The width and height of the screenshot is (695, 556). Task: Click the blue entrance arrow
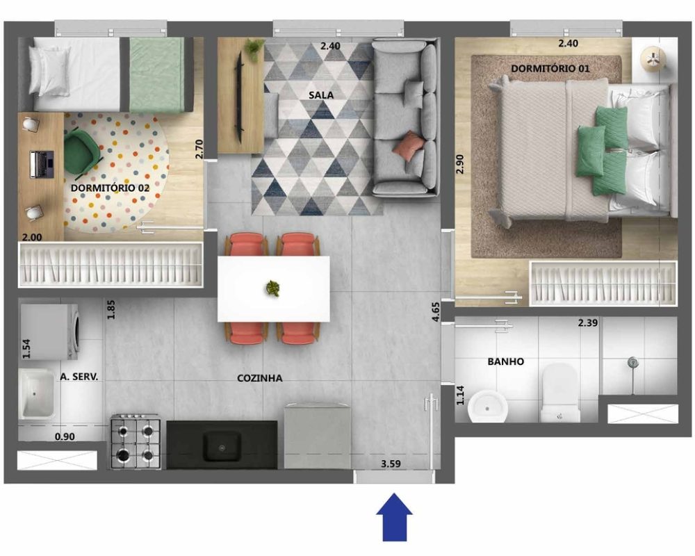394,517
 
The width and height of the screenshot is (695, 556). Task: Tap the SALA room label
321,95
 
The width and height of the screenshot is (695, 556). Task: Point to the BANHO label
506,362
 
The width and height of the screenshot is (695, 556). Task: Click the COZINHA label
260,378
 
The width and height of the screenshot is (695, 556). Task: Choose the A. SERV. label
79,377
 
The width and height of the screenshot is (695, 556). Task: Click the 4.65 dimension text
436,311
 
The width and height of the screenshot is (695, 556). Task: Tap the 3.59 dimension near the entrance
391,464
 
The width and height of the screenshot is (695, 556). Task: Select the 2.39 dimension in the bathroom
588,322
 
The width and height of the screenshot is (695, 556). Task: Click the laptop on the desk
42,165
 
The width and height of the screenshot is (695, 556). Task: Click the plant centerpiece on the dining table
272,288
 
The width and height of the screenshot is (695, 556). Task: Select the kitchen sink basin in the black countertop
222,447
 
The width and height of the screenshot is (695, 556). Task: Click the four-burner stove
136,441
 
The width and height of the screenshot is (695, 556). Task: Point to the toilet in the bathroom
560,393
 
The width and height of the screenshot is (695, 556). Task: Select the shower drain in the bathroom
632,363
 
